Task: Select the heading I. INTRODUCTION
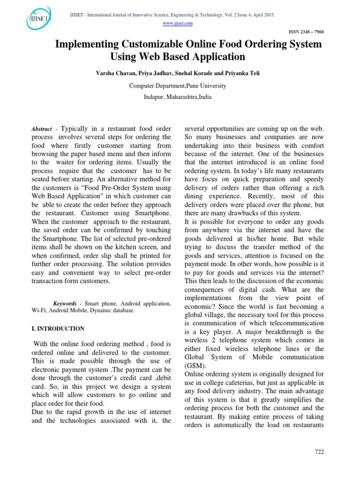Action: (58, 329)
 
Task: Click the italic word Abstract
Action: (42, 128)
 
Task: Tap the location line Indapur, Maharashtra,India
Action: (177, 97)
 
